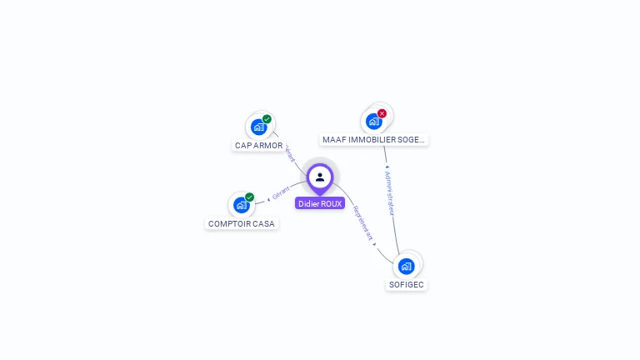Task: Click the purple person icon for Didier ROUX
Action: coord(320,177)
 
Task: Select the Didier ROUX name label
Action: coord(320,203)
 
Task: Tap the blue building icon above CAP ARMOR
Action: coord(258,127)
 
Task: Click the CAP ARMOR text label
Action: coord(258,146)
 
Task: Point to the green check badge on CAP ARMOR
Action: coord(267,119)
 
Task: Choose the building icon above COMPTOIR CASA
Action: coord(241,205)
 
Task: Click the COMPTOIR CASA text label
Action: coord(242,223)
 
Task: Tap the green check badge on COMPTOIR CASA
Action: coord(249,197)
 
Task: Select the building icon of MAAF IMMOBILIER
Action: coord(373,121)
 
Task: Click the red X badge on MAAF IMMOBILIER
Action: coord(382,113)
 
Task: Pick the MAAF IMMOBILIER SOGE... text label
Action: coord(374,140)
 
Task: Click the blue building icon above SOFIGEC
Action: coord(406,266)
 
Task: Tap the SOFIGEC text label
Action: coord(407,285)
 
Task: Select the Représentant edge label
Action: coord(364,223)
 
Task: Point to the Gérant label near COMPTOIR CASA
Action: coord(281,194)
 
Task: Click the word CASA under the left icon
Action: coord(263,223)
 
